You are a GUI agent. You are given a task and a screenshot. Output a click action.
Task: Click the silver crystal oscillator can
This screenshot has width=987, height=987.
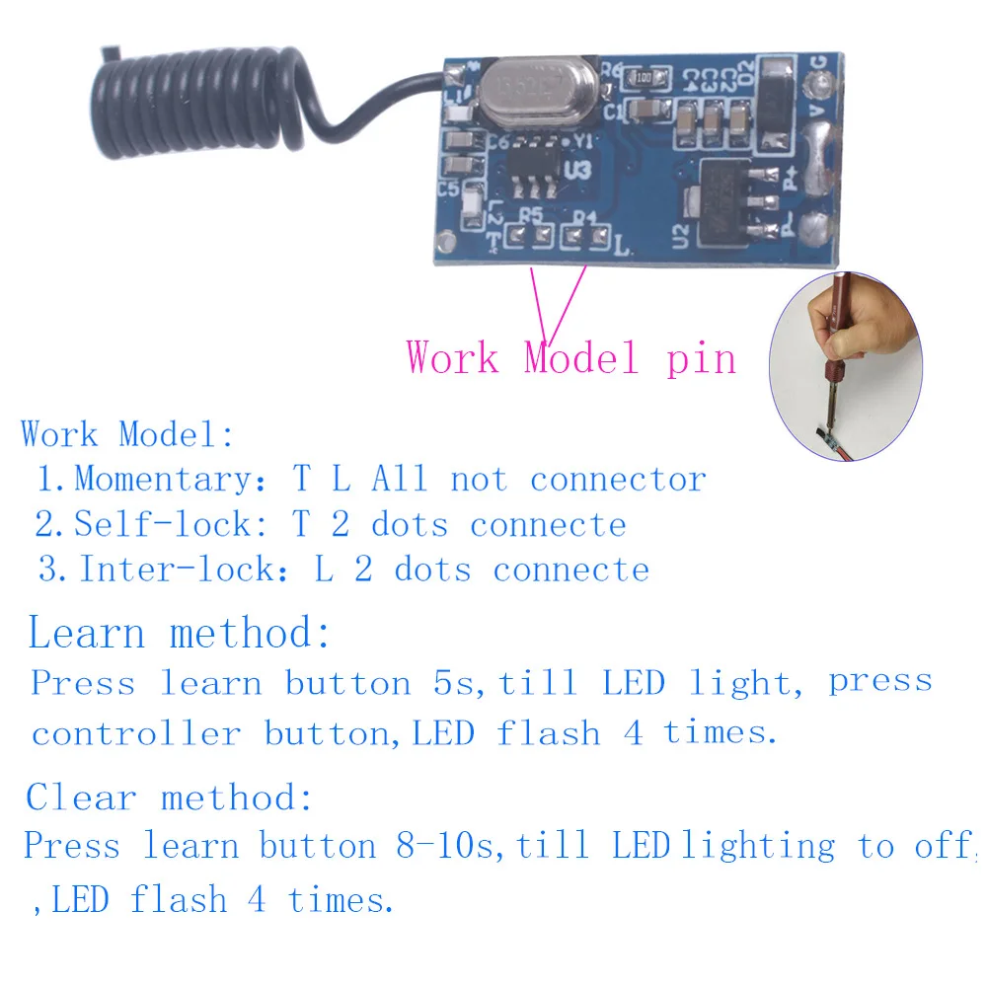coord(539,91)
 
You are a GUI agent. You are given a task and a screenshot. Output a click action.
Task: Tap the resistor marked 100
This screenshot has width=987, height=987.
coord(644,78)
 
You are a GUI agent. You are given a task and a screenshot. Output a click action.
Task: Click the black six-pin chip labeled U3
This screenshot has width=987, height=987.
coord(533,168)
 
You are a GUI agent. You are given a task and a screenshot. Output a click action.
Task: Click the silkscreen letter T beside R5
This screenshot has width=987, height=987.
coord(494,241)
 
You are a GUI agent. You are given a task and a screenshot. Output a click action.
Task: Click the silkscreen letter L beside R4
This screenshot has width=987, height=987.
coord(621,245)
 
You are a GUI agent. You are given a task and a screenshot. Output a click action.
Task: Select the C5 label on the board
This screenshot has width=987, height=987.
coord(448,189)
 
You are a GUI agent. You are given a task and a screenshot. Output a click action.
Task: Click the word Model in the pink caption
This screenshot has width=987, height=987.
coord(581,358)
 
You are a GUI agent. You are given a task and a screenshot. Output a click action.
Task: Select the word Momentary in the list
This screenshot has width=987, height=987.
coord(164,480)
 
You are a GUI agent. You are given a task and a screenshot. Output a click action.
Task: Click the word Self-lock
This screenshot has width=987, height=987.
coord(163,524)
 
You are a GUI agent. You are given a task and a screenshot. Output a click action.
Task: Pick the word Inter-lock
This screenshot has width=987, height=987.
coord(177,569)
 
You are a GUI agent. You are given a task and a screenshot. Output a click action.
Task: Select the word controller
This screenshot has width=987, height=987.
coord(136,734)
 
